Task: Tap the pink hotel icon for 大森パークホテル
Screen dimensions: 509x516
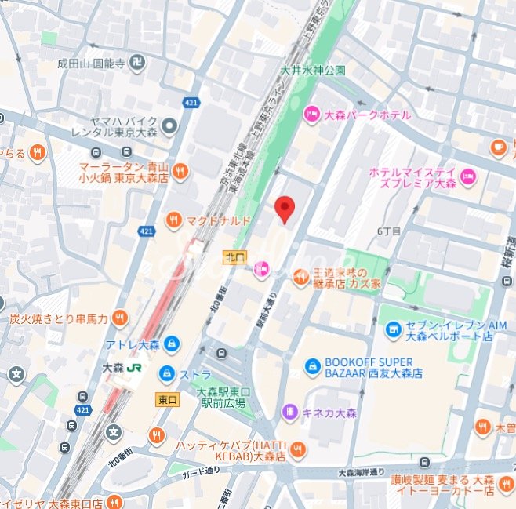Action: pos(311,115)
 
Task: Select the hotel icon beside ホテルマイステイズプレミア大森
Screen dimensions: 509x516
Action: pos(468,174)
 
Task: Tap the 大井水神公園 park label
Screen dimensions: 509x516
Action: pos(313,71)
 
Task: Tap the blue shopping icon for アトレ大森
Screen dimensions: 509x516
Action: pos(172,344)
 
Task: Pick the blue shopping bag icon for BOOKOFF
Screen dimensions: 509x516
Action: pos(312,366)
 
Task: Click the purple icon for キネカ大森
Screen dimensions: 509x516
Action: pos(289,411)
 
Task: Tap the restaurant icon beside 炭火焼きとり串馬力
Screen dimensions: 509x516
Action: pos(119,318)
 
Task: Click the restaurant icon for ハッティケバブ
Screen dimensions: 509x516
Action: pos(296,449)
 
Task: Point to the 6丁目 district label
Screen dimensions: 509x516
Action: pos(389,231)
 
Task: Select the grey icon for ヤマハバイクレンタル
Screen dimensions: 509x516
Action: pos(170,126)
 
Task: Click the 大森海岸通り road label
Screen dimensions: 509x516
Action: pos(362,472)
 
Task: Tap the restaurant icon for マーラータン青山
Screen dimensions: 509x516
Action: pos(180,171)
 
